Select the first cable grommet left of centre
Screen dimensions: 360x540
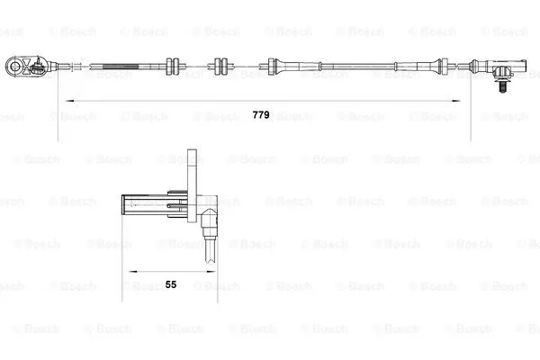tap(175, 65)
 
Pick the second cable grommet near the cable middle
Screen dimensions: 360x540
tap(219, 65)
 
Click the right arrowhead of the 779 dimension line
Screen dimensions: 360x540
tap(467, 99)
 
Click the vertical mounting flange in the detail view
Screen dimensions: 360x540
tap(192, 184)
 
